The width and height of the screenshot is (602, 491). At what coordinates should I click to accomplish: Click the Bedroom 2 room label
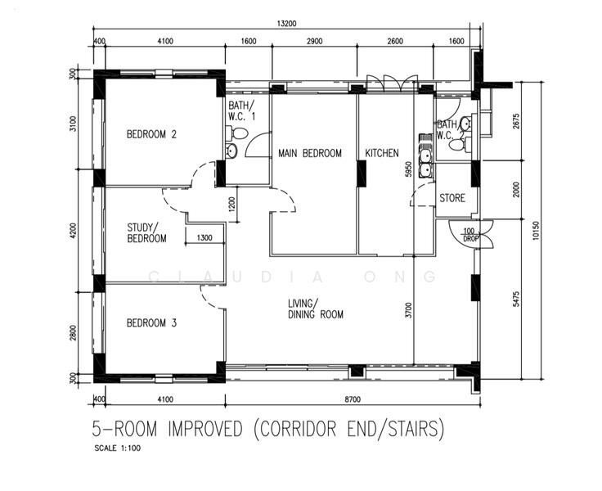coord(151,134)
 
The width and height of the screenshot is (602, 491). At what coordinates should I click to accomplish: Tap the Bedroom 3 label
coord(151,322)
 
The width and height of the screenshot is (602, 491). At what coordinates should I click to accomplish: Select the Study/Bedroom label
coord(146,233)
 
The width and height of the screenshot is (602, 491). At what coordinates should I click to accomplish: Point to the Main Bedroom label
coord(310,153)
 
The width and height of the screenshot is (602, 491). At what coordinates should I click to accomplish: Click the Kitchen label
coord(382,153)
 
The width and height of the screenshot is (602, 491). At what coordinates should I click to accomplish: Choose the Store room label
coord(452,198)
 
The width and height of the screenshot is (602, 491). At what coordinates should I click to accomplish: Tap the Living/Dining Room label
coord(316,309)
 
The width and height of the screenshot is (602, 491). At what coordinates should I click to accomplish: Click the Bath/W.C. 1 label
coord(242,110)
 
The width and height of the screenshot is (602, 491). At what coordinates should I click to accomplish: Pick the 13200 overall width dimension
coord(287,24)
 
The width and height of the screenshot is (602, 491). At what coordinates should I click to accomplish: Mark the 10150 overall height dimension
coord(536,231)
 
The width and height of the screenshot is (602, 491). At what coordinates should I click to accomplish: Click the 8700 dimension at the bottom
coord(353,399)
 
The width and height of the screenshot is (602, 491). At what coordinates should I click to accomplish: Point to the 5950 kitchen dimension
coord(408,169)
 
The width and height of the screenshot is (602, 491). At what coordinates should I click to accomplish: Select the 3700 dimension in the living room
coord(408,310)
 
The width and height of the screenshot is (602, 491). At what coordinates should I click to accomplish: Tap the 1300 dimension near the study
coord(204,238)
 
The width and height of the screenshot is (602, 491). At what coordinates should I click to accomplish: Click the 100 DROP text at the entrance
coord(470,235)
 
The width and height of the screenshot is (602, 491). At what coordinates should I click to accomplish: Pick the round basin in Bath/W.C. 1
coord(231,151)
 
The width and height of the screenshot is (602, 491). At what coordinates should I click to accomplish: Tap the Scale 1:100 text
coord(118,448)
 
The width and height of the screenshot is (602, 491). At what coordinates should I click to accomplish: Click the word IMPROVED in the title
coord(205,429)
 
